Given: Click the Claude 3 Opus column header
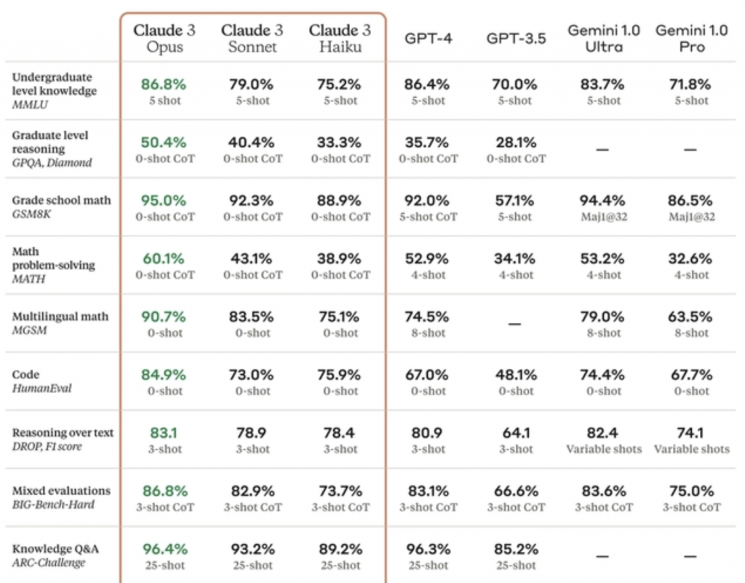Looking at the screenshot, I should point(164,39).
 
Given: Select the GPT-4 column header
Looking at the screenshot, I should point(429,38).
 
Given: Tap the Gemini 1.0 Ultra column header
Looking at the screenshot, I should point(604,39).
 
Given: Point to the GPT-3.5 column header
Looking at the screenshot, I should point(516,38).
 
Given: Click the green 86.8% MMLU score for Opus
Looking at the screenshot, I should point(164,84).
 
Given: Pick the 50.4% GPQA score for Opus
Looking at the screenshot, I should point(164,142).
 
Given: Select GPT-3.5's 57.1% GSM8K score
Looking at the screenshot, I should point(516,200).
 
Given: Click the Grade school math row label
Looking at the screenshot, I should point(61,200).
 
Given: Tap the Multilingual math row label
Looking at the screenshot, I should point(60,317).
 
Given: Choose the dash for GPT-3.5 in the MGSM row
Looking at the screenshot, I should point(515,323).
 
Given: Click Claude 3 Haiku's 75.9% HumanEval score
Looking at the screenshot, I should point(340,375).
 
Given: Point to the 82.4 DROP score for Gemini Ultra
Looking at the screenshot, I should point(604,433).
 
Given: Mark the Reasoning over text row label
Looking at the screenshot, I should point(63,432).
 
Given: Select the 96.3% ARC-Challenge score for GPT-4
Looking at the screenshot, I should point(429,549).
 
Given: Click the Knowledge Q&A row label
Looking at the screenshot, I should point(55,549).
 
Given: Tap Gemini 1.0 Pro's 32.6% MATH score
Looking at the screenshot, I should point(691,258).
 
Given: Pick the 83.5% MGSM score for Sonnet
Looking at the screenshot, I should point(252,317).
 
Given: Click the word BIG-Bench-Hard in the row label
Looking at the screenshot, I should point(53,504).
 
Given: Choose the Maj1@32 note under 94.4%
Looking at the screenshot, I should point(604,216).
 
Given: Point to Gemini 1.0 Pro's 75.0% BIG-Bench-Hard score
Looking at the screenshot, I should point(691,491).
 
